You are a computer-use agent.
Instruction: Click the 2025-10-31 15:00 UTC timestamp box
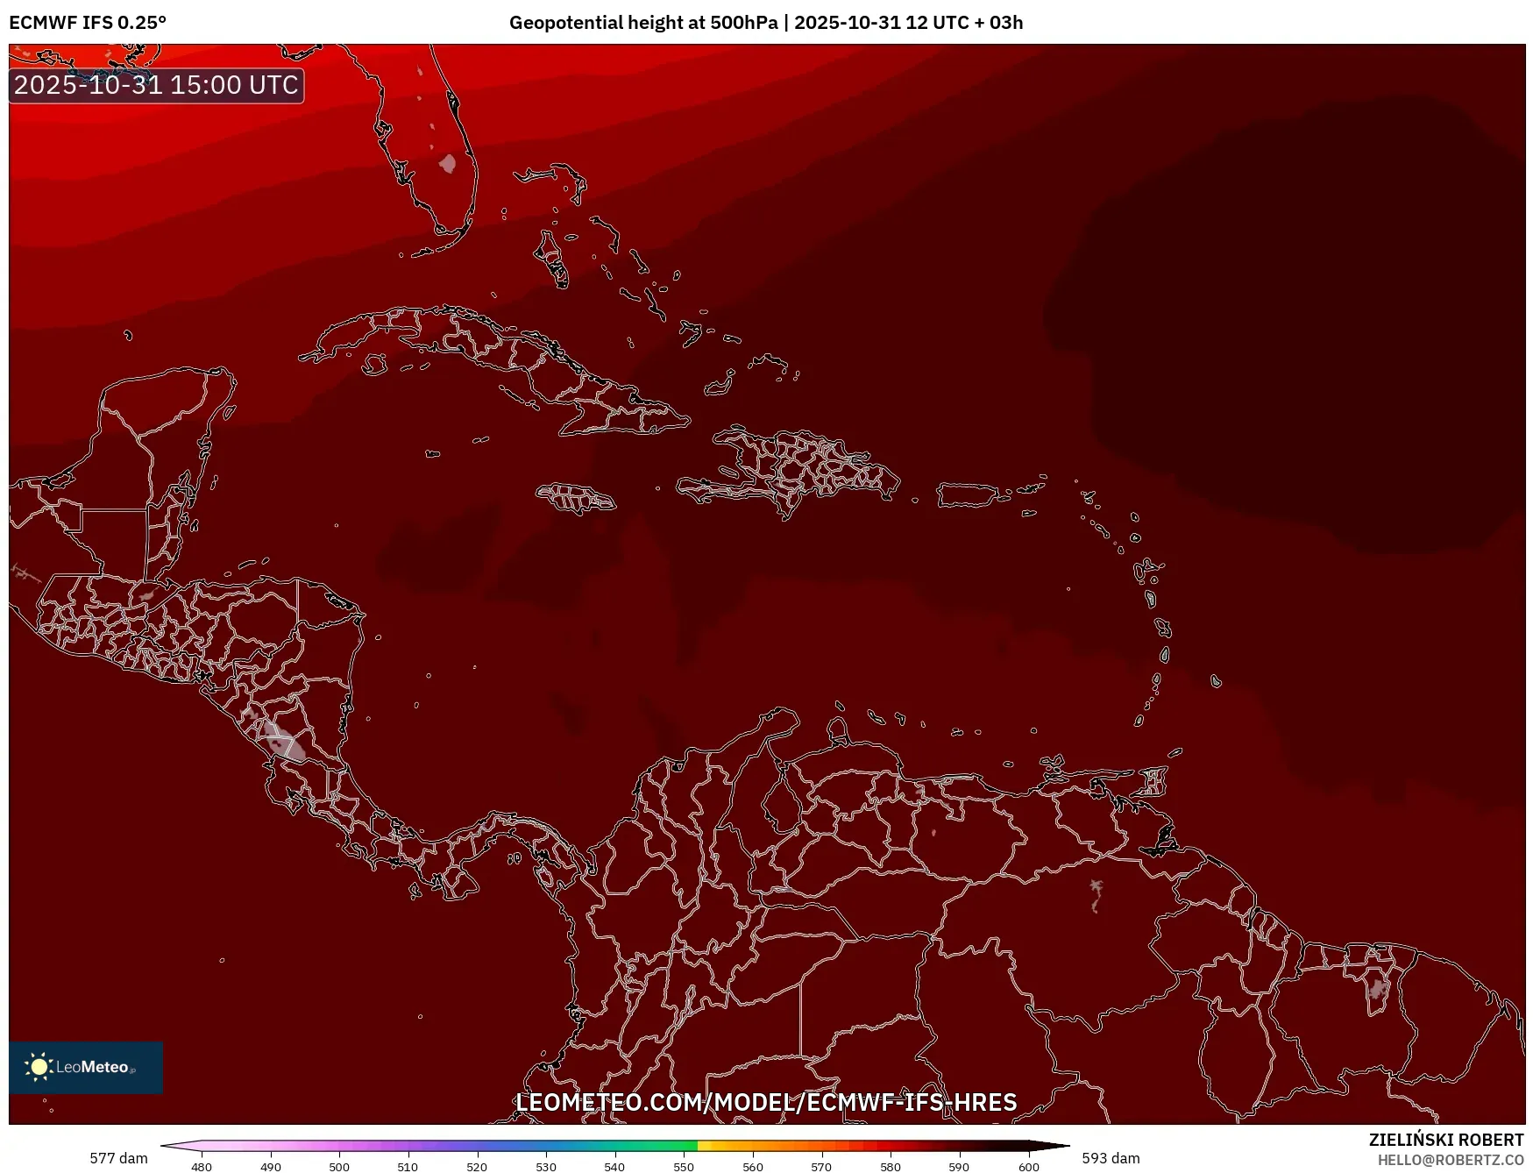156,85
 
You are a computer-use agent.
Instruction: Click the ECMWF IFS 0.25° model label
88,23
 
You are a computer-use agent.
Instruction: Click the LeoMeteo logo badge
86,1067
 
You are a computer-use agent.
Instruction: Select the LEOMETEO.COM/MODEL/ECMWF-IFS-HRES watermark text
766,1102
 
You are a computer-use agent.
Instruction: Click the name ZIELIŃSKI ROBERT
1445,1140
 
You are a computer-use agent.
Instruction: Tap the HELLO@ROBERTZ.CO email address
1450,1160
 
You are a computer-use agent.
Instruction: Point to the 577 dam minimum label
118,1158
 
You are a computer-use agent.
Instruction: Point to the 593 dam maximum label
1111,1158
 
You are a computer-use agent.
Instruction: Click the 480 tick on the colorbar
202,1167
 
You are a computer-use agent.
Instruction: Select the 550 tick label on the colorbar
684,1167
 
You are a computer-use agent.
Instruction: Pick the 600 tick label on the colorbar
1028,1167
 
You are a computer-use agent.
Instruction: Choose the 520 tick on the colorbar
477,1167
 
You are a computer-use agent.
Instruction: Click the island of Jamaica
576,498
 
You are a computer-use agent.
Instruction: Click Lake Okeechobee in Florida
448,164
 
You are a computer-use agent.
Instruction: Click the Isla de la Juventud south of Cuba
375,364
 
